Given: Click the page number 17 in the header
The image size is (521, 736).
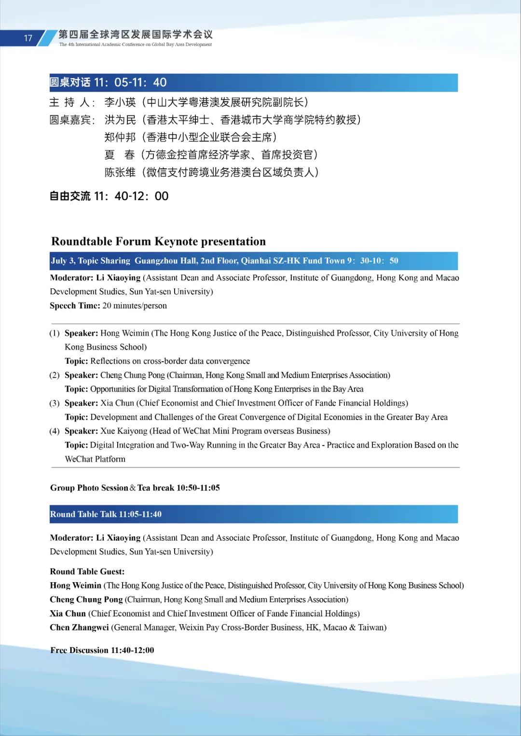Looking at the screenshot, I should click(x=28, y=38).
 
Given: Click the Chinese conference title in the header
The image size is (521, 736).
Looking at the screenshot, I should click(x=135, y=34).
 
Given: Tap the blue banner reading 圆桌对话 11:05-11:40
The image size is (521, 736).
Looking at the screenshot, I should click(x=253, y=82).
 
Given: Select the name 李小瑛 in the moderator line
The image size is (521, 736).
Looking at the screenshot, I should click(x=120, y=102).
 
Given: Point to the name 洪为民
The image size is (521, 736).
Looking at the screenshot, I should click(x=120, y=120).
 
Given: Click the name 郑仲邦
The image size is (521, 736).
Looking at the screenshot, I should click(x=120, y=137).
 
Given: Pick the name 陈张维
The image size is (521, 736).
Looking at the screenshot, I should click(x=120, y=172).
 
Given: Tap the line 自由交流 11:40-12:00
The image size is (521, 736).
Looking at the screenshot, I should click(x=109, y=196).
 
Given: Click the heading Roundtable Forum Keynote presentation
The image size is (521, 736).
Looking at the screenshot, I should click(x=158, y=241).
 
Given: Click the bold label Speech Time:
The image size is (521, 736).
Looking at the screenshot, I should click(x=75, y=305).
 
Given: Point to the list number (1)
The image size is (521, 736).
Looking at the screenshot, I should click(x=55, y=333).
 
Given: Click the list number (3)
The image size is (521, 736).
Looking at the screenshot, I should click(x=55, y=403).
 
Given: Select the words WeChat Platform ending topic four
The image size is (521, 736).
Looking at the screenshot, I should click(x=95, y=459).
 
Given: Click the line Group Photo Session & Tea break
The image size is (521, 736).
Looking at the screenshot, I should click(x=135, y=488).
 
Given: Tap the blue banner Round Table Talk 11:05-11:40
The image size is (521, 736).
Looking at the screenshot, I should click(x=253, y=514).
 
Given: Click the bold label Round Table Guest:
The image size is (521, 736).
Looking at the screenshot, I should click(x=87, y=572).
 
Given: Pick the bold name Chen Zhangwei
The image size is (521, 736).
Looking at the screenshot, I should click(x=79, y=627).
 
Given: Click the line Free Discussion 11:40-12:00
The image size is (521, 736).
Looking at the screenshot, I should click(x=102, y=650).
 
